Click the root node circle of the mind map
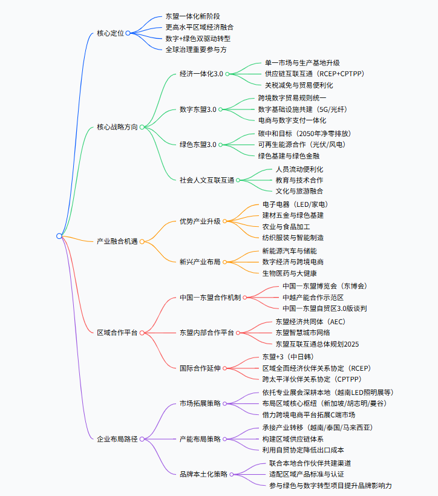59,235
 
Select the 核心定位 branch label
110,33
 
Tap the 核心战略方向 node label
117,127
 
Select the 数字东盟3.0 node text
198,109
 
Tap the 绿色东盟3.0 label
198,145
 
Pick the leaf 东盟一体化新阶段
189,16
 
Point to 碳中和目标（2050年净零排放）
304,133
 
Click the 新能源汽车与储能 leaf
289,250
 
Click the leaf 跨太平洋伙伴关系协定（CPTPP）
311,379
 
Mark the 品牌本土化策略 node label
203,474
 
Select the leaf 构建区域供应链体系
292,439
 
